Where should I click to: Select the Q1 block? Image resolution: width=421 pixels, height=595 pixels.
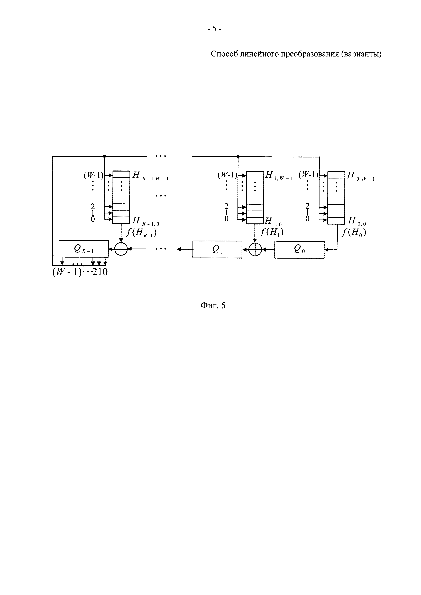point(217,249)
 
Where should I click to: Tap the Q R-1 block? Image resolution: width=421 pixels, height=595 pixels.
point(84,249)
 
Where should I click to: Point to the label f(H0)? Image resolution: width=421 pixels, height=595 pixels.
point(354,232)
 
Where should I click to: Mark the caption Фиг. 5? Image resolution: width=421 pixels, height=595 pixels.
point(213,306)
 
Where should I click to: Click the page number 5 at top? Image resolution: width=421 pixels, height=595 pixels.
point(214,29)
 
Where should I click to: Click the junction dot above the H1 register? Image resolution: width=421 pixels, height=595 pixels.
point(238,157)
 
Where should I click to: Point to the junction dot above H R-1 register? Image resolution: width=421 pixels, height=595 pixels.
point(104,156)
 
